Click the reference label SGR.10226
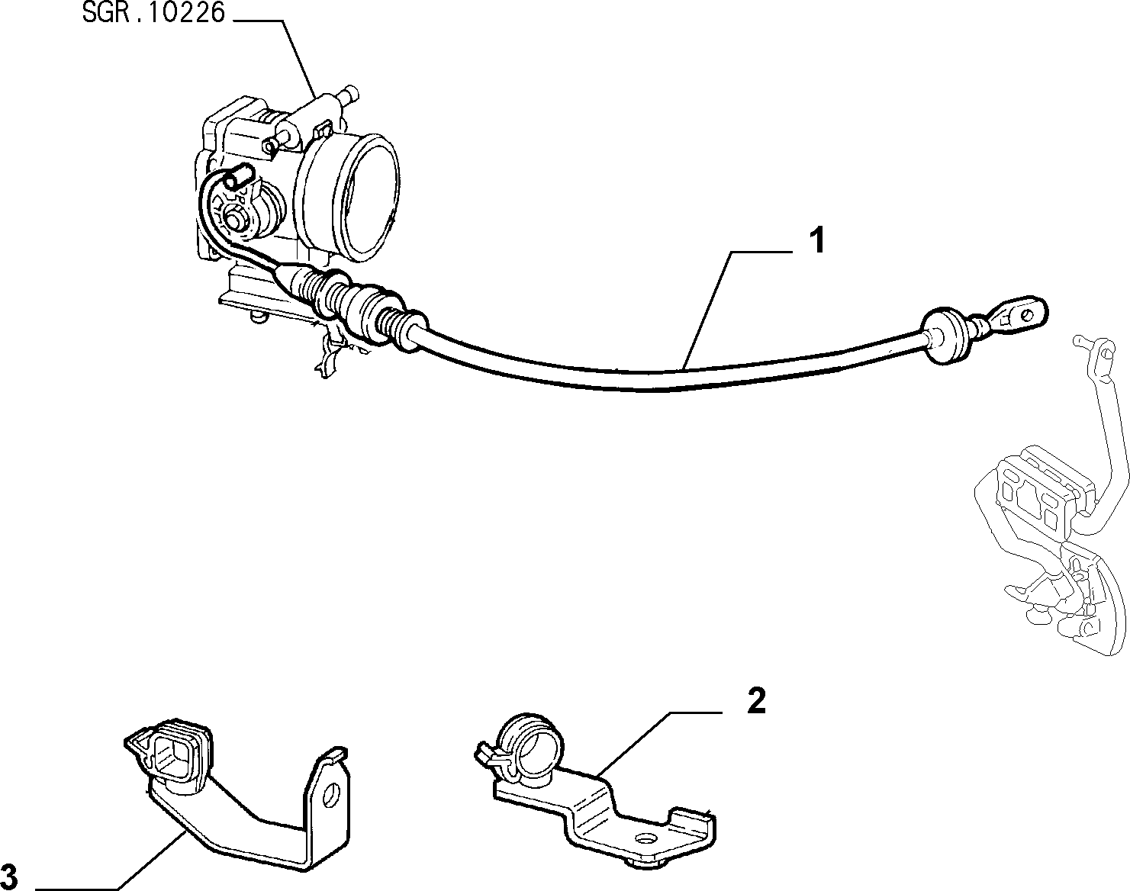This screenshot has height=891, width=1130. [153, 13]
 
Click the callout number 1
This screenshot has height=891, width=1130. [816, 241]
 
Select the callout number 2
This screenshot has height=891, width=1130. [757, 701]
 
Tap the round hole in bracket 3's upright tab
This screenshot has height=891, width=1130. [330, 796]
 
